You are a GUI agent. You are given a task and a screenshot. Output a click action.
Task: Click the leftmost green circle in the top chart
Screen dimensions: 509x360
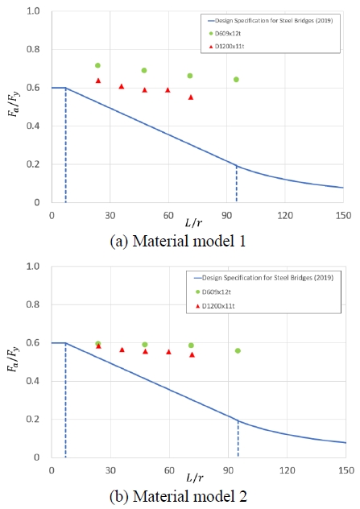pyautogui.click(x=97, y=65)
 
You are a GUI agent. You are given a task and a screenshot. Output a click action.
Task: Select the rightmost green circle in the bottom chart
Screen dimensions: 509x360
pyautogui.click(x=238, y=350)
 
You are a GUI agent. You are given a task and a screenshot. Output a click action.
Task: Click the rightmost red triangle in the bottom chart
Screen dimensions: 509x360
pyautogui.click(x=192, y=354)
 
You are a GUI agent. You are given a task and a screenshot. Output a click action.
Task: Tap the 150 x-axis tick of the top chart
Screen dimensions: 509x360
pyautogui.click(x=342, y=216)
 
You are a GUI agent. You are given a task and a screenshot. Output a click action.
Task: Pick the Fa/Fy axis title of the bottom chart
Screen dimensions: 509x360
pyautogui.click(x=14, y=359)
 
